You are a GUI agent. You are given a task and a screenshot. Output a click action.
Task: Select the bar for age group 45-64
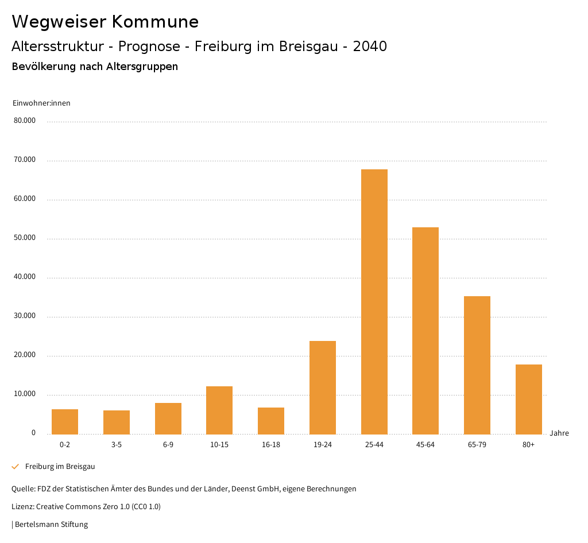pyautogui.click(x=425, y=331)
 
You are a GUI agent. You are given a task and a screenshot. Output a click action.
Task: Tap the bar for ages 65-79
pyautogui.click(x=477, y=365)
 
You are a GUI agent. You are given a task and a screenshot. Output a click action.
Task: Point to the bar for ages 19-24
pyautogui.click(x=323, y=387)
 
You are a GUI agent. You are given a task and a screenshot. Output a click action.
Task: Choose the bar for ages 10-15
pyautogui.click(x=219, y=410)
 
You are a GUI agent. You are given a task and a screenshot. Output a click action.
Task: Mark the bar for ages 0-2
pyautogui.click(x=65, y=421)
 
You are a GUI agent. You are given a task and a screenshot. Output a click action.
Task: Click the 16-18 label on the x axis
pyautogui.click(x=271, y=445)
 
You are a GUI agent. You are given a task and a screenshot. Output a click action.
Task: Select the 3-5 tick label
pyautogui.click(x=117, y=445)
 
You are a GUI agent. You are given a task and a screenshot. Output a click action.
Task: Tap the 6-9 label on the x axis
pyautogui.click(x=168, y=445)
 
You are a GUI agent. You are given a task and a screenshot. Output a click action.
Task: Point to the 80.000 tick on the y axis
pyautogui.click(x=25, y=121)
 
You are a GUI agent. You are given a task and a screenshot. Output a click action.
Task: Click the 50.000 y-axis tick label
pyautogui.click(x=25, y=238)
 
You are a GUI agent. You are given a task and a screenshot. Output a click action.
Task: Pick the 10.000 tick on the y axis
pyautogui.click(x=25, y=394)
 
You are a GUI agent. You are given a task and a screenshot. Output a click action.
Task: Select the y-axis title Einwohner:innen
pyautogui.click(x=41, y=103)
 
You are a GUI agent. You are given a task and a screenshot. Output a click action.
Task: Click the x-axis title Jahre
pyautogui.click(x=559, y=433)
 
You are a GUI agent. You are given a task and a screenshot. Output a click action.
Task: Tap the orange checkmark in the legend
pyautogui.click(x=16, y=467)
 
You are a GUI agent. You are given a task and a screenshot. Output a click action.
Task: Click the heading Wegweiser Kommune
pyautogui.click(x=105, y=22)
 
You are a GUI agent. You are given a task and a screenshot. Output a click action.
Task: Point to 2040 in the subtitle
pyautogui.click(x=370, y=46)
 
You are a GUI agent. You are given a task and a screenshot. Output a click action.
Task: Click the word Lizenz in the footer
pyautogui.click(x=22, y=507)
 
